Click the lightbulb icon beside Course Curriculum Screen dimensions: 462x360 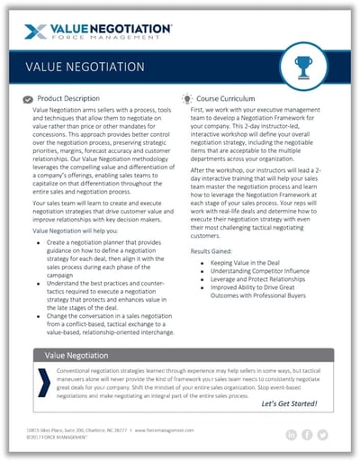click(x=186, y=96)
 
